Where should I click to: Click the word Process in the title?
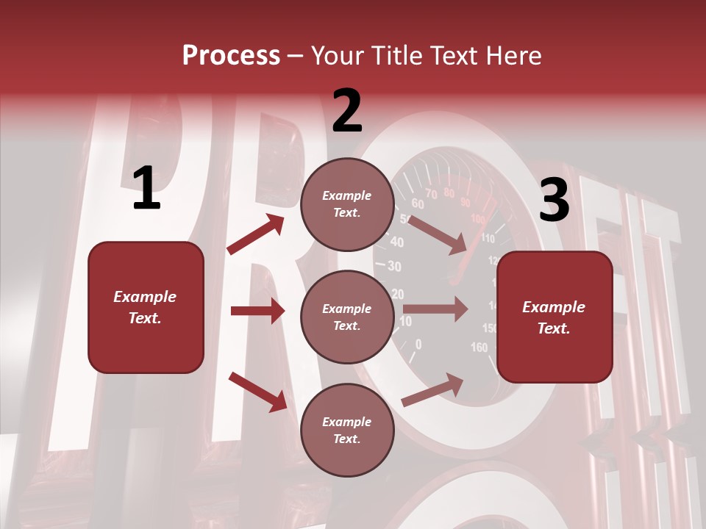tap(231, 56)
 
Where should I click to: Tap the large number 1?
tap(146, 189)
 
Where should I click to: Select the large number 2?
tap(347, 111)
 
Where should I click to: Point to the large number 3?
tap(554, 200)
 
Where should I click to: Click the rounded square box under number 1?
tap(146, 307)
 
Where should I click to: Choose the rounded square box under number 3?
tap(555, 317)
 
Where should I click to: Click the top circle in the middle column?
tap(347, 204)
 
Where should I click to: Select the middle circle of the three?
tap(347, 317)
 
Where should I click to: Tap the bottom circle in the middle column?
tap(347, 431)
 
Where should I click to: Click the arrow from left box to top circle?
tap(256, 234)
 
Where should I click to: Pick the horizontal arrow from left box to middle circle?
tap(257, 311)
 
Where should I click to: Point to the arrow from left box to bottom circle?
tap(257, 392)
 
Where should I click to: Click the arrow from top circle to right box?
tap(437, 234)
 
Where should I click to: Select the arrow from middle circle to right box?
tap(435, 309)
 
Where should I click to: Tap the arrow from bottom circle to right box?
tap(432, 389)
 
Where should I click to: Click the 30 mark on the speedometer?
tap(394, 267)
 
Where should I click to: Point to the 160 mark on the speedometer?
tap(479, 348)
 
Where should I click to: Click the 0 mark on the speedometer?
tap(418, 343)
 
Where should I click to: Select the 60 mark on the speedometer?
tap(418, 204)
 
